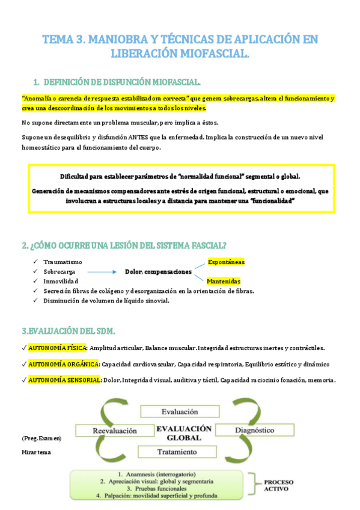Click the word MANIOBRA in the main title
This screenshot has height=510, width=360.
pos(118,40)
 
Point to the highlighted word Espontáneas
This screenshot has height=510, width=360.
pos(226,262)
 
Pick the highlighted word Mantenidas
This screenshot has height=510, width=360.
pos(223,281)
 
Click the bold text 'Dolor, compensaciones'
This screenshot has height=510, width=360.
pos(158,272)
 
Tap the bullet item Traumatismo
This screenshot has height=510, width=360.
pos(63,262)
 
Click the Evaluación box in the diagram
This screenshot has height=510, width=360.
pos(179,412)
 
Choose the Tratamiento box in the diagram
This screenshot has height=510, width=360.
pos(178,450)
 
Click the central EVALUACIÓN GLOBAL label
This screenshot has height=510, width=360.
pos(183,433)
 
